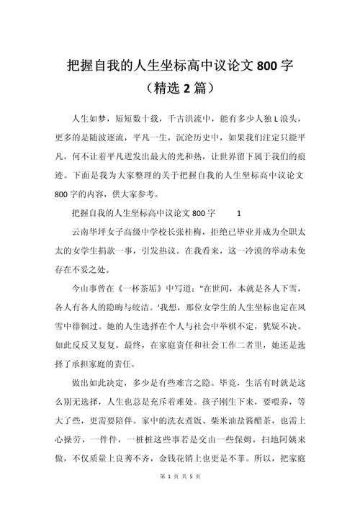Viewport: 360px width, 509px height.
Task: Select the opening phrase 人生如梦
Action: pyautogui.click(x=89, y=117)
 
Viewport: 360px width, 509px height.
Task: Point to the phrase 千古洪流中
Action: pyautogui.click(x=189, y=117)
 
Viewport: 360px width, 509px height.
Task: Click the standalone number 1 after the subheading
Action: pyautogui.click(x=239, y=214)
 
